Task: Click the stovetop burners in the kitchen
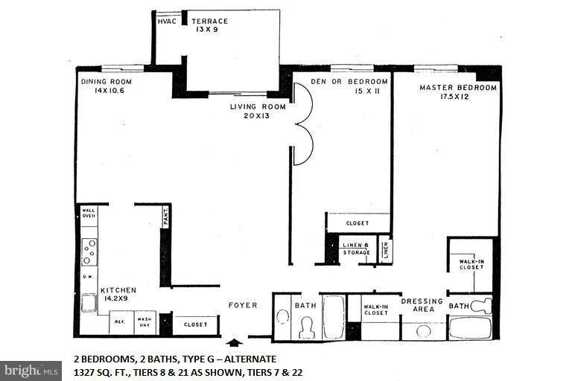point(89,252)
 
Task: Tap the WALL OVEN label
point(89,213)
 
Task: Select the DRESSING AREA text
point(422,306)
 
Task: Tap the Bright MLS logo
point(31,370)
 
